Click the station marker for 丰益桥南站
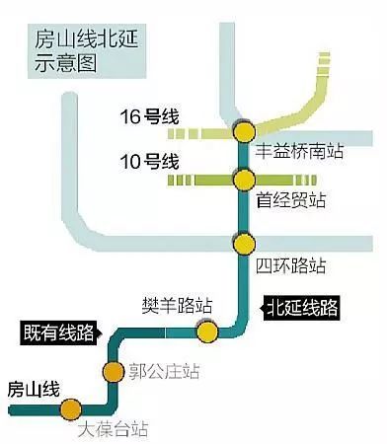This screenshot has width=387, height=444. [244, 131]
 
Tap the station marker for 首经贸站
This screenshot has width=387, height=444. [244, 180]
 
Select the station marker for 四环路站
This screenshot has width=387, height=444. [244, 244]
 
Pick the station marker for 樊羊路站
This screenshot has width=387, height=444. [207, 332]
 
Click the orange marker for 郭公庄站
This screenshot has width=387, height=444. [114, 372]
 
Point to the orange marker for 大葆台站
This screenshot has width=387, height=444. [70, 409]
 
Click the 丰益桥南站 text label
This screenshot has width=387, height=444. [299, 152]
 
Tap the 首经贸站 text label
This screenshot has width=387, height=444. [291, 200]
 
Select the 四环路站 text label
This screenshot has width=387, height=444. [291, 265]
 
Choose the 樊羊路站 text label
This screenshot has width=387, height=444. [177, 306]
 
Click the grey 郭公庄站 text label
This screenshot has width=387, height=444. [164, 371]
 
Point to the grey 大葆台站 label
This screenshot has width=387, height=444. [113, 429]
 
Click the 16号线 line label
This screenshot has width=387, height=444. [149, 116]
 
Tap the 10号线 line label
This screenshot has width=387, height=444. [149, 162]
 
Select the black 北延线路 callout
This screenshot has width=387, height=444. [299, 308]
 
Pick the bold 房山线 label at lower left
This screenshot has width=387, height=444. [34, 390]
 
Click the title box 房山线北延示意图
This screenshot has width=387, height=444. [87, 51]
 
